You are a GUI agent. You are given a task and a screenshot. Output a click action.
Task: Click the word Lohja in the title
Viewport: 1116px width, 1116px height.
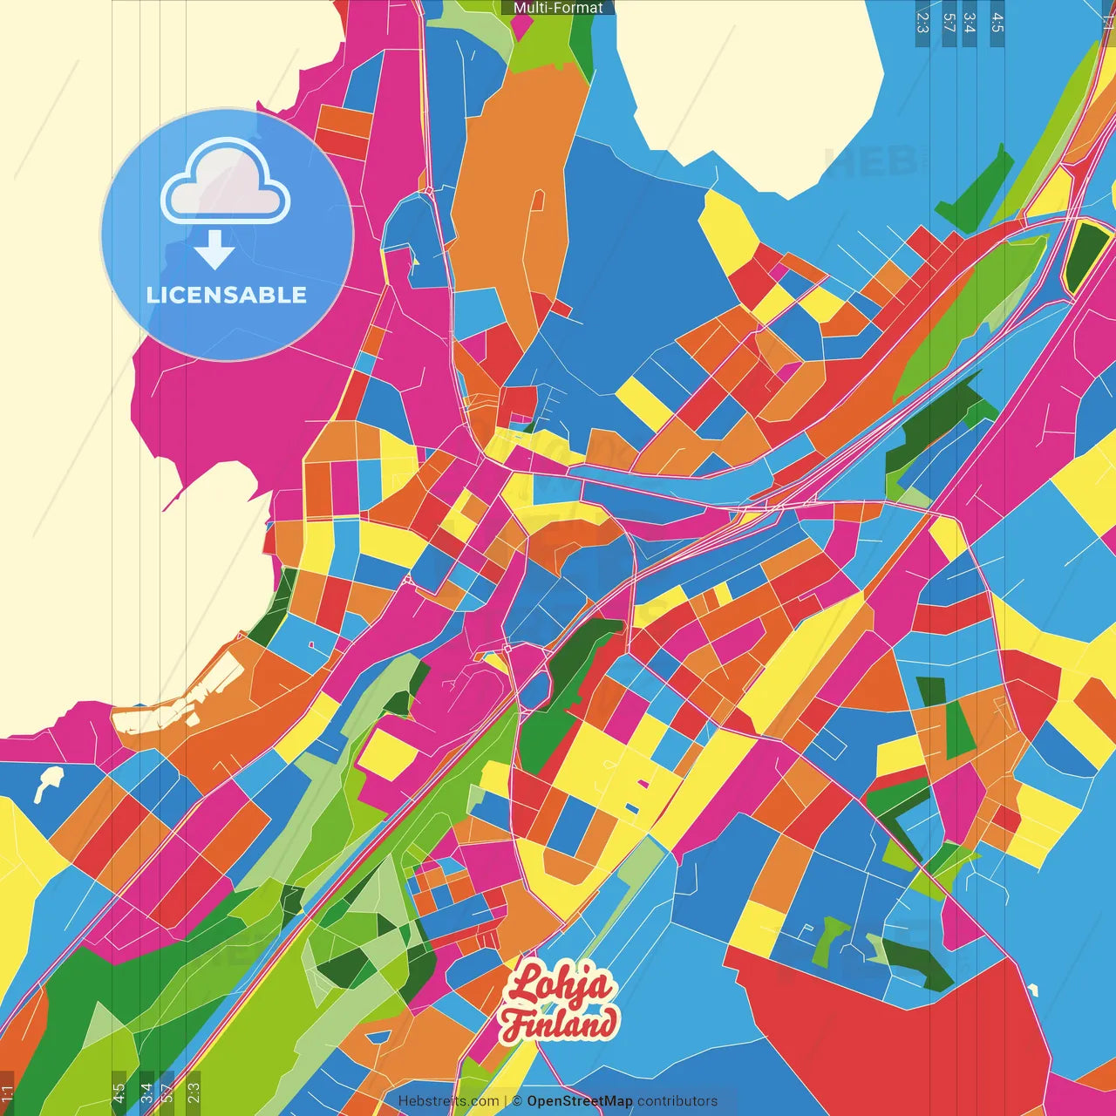pos(558,986)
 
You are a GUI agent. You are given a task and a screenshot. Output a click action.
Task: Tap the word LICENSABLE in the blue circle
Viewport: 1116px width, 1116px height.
pos(227,295)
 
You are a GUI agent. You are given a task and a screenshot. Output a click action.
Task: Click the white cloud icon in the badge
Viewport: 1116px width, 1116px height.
pos(226,184)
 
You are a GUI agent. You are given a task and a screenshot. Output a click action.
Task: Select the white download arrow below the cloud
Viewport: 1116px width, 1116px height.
pos(214,249)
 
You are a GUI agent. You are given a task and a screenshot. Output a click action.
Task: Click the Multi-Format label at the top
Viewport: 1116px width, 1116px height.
pos(558,8)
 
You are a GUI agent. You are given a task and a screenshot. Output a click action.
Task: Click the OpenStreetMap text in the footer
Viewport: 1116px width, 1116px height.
pos(579,1101)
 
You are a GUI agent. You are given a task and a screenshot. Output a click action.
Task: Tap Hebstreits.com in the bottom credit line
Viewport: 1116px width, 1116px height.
pos(448,1101)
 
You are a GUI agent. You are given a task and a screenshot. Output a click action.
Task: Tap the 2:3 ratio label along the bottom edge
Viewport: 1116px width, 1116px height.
pos(194,1092)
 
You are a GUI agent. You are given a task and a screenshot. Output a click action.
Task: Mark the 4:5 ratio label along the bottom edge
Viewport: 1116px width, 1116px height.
pos(119,1092)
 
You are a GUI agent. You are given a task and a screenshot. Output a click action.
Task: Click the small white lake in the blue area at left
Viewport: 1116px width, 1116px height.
pos(48,782)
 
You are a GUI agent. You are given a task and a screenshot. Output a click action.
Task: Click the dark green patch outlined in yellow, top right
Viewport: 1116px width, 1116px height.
pos(1081,257)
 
